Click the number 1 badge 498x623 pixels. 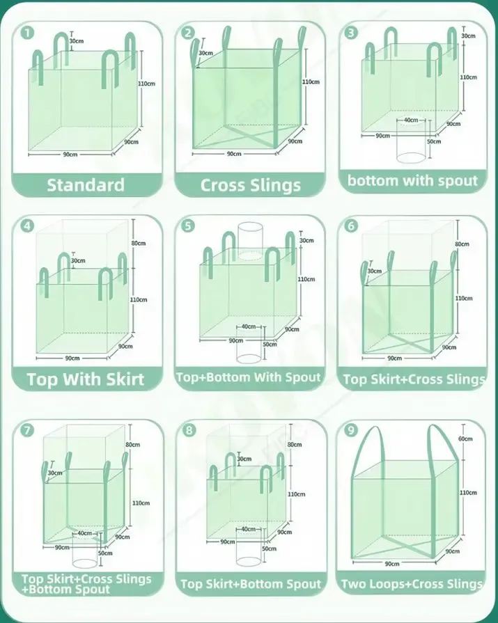tap(27, 33)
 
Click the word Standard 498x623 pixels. tap(86, 184)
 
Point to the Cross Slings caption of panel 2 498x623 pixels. tap(251, 185)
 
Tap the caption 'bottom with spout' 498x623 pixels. tap(413, 181)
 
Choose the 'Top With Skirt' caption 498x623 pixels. tap(86, 379)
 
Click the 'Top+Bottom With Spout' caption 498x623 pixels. tap(249, 377)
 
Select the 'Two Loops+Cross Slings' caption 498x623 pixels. tap(412, 584)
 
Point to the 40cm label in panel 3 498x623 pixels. tap(412, 120)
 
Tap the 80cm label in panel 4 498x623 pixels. tap(138, 243)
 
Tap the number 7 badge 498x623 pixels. tap(27, 430)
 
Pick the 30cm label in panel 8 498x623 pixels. tap(244, 459)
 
